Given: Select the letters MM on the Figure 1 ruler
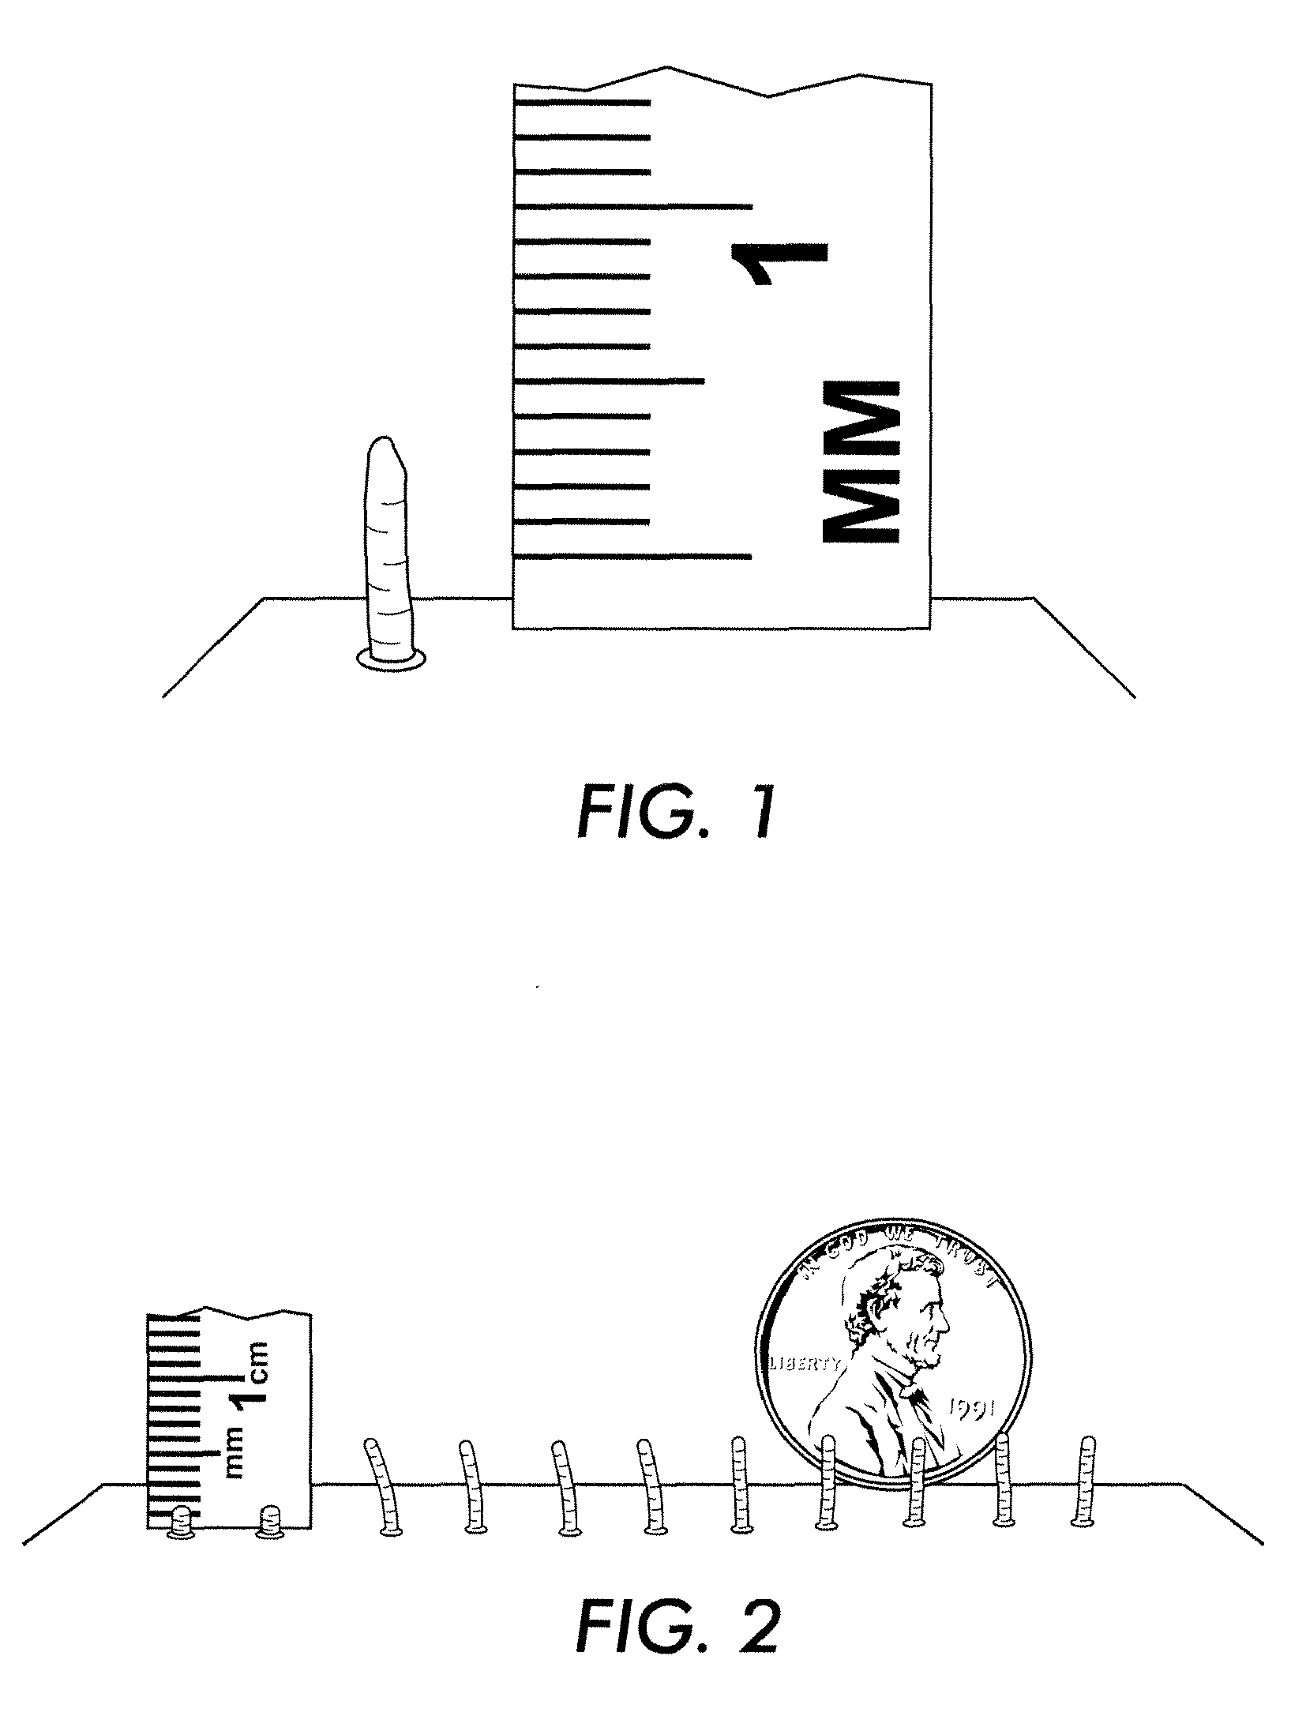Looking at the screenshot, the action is click(x=860, y=462).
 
